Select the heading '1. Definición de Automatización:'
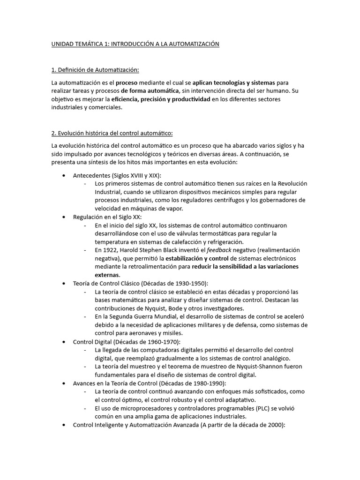coord(95,70)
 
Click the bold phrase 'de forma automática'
coord(150,90)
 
